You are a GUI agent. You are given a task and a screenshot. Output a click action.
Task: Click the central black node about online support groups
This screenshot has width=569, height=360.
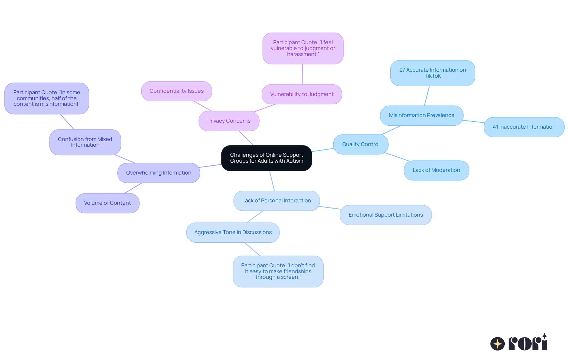(x=266, y=158)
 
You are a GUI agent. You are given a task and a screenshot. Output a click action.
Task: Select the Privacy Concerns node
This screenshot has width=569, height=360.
(x=229, y=121)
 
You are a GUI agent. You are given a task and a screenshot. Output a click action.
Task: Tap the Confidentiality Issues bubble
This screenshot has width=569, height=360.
(x=176, y=91)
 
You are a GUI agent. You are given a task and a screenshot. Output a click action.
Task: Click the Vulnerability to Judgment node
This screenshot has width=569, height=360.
(x=302, y=94)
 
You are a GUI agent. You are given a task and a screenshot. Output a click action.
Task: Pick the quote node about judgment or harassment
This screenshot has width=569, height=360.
(x=303, y=48)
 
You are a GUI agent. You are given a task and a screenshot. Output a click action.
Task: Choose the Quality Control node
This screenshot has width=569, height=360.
(x=361, y=144)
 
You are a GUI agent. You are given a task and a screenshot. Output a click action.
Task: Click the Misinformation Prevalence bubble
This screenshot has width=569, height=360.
(x=421, y=115)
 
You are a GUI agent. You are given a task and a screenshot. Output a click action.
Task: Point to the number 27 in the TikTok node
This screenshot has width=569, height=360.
(x=402, y=70)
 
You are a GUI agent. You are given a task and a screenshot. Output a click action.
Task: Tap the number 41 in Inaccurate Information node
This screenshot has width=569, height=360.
(x=495, y=127)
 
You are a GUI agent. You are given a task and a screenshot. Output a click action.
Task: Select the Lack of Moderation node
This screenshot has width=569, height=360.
(x=436, y=170)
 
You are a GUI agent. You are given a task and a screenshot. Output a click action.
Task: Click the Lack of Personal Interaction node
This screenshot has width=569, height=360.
(x=276, y=201)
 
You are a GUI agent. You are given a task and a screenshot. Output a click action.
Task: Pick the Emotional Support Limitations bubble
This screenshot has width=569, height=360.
(x=386, y=215)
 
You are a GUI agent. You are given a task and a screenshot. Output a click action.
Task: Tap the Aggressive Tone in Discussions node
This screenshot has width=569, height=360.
(x=233, y=232)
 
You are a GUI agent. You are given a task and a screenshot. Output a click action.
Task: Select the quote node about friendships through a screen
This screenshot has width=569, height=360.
(x=278, y=271)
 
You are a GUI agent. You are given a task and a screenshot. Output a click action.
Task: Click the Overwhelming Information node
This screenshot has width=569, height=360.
(x=159, y=173)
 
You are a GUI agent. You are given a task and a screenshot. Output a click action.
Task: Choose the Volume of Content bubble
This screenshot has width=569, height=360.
(x=107, y=203)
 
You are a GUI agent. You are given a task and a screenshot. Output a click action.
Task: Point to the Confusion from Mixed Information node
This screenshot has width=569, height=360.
(x=85, y=142)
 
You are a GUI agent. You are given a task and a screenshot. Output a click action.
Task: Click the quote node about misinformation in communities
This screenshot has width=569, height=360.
(x=47, y=98)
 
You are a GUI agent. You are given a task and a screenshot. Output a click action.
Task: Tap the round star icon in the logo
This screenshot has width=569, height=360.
(x=498, y=344)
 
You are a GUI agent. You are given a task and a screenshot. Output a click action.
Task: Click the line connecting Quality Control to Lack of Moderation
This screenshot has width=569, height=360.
(x=397, y=157)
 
